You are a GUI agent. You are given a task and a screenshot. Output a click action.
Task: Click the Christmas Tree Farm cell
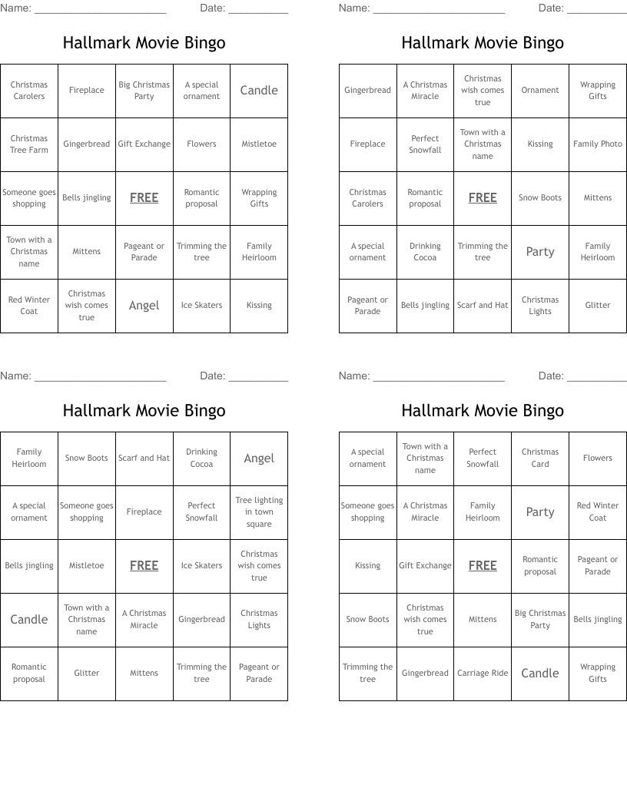point(29,144)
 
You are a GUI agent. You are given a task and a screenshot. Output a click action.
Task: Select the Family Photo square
point(598,144)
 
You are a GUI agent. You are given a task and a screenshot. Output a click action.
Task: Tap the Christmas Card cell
point(540,458)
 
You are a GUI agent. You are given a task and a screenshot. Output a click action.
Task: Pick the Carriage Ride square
point(483,674)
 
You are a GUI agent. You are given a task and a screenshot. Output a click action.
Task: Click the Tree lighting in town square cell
point(259,512)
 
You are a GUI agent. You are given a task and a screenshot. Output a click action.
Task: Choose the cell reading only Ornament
point(540,91)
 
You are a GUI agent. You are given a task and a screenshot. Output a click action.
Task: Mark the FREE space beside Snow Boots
point(483,198)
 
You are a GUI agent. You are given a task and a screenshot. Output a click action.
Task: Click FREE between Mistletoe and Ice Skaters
point(144,566)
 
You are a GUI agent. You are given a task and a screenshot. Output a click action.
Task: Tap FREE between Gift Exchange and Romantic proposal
point(483,566)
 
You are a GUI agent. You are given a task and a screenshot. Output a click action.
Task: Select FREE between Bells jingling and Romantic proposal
point(144,198)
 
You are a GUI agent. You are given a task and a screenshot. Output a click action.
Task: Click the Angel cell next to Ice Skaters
point(144,306)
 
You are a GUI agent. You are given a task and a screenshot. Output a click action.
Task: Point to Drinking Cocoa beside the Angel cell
point(201,458)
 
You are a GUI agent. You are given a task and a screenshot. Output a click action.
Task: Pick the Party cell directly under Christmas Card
point(540,512)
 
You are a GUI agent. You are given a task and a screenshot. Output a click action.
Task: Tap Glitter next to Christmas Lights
point(598,306)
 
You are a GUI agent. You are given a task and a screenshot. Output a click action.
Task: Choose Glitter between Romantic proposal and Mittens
point(87,674)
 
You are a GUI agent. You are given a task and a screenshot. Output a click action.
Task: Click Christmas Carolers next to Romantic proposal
point(367,198)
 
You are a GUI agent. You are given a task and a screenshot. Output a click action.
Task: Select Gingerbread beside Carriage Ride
point(425,674)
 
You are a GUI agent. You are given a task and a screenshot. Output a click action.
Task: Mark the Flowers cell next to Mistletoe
point(201,144)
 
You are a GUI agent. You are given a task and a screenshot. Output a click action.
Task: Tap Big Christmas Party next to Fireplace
point(144,91)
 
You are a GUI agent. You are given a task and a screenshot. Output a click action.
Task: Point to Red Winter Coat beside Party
point(598,512)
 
